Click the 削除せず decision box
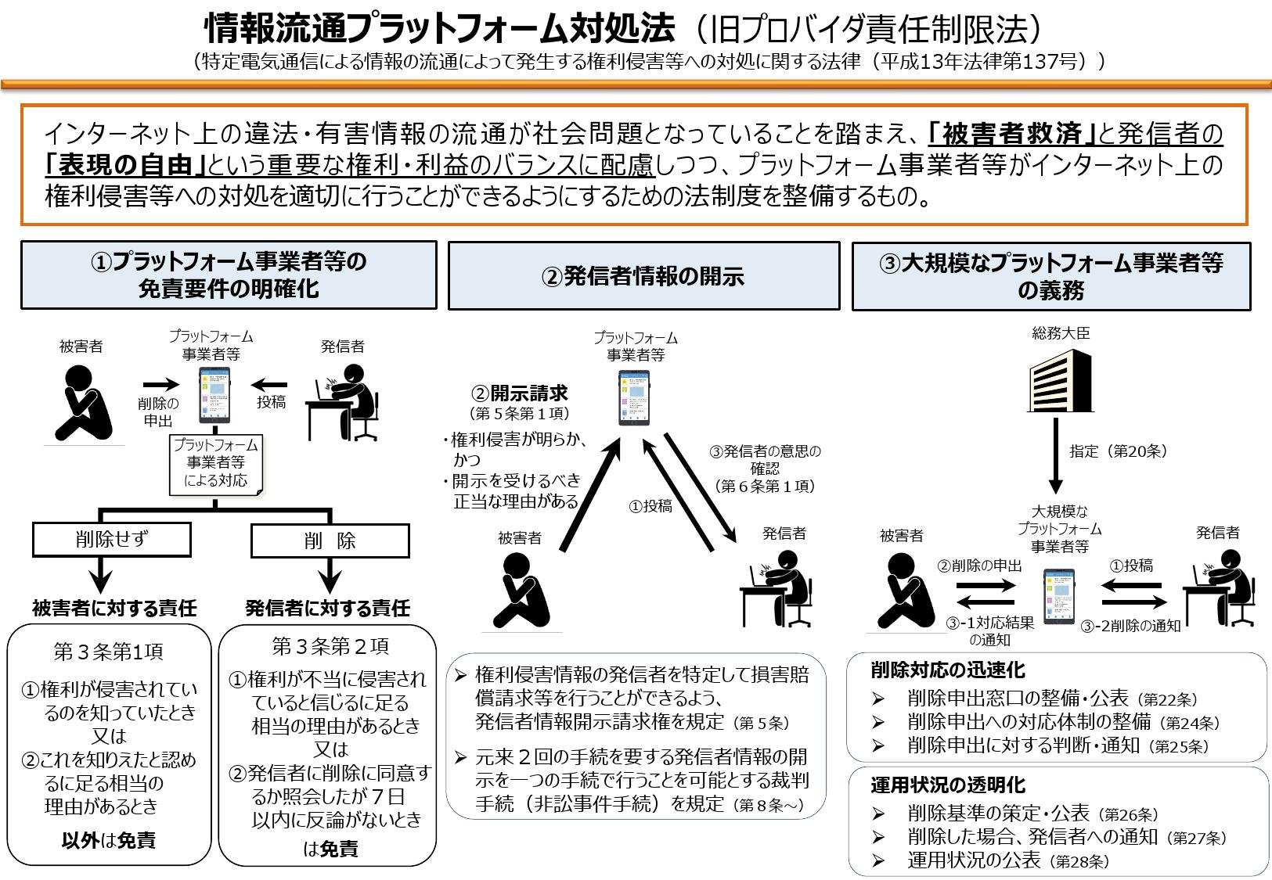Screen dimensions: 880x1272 (112, 539)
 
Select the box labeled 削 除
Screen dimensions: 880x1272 (330, 541)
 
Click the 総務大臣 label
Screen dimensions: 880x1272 (1061, 333)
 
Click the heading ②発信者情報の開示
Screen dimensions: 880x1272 (643, 275)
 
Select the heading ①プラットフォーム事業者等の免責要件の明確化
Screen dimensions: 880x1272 (229, 275)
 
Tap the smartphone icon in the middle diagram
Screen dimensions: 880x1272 (635, 397)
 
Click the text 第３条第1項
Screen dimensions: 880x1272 (109, 652)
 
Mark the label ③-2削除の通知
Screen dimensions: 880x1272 (1130, 626)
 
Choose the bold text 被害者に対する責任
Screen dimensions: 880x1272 (114, 608)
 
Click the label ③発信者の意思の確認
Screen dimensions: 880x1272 (765, 460)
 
